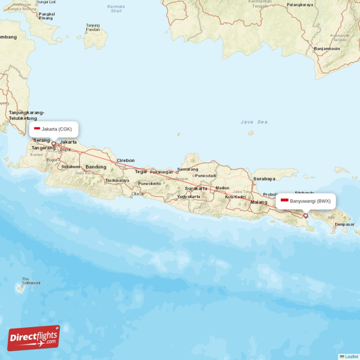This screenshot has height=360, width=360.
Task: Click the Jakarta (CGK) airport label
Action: click(x=54, y=129)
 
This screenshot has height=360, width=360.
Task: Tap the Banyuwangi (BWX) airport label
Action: click(x=306, y=201)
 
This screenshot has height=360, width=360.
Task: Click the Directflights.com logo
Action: click(x=34, y=338)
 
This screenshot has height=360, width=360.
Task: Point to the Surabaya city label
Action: click(x=264, y=179)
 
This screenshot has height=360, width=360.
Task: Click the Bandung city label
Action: click(x=96, y=167)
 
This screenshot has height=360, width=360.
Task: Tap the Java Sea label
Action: click(x=254, y=122)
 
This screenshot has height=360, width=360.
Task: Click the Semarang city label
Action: click(x=188, y=169)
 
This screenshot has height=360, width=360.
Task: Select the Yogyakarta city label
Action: click(x=189, y=197)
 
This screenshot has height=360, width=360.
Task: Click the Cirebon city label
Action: click(x=126, y=160)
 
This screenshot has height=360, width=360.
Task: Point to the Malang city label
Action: click(x=259, y=202)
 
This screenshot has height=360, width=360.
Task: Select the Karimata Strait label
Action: click(x=116, y=9)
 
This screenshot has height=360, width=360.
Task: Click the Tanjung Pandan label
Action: click(x=93, y=27)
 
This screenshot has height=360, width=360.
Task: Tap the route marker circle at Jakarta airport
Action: click(x=54, y=144)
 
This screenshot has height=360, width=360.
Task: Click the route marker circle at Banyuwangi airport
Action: click(x=306, y=216)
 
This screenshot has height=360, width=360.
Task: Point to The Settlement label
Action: click(x=31, y=281)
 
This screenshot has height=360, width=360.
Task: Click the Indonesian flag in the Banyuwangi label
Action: click(x=284, y=201)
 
